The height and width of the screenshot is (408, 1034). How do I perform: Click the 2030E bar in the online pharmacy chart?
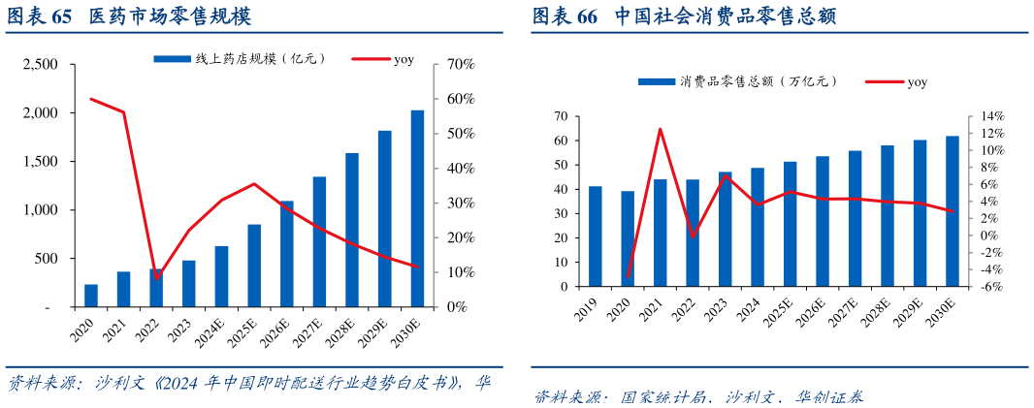[416, 208]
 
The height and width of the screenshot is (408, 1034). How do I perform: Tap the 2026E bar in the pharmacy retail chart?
[286, 254]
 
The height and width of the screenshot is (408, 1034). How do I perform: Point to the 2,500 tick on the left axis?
[41, 65]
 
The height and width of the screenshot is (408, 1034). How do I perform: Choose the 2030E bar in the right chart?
[953, 211]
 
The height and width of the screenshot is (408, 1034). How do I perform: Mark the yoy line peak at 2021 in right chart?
[660, 129]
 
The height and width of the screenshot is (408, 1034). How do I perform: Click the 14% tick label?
[991, 116]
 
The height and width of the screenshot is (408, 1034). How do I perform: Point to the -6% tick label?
[991, 287]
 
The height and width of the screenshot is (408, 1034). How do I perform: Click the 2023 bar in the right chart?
[725, 230]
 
